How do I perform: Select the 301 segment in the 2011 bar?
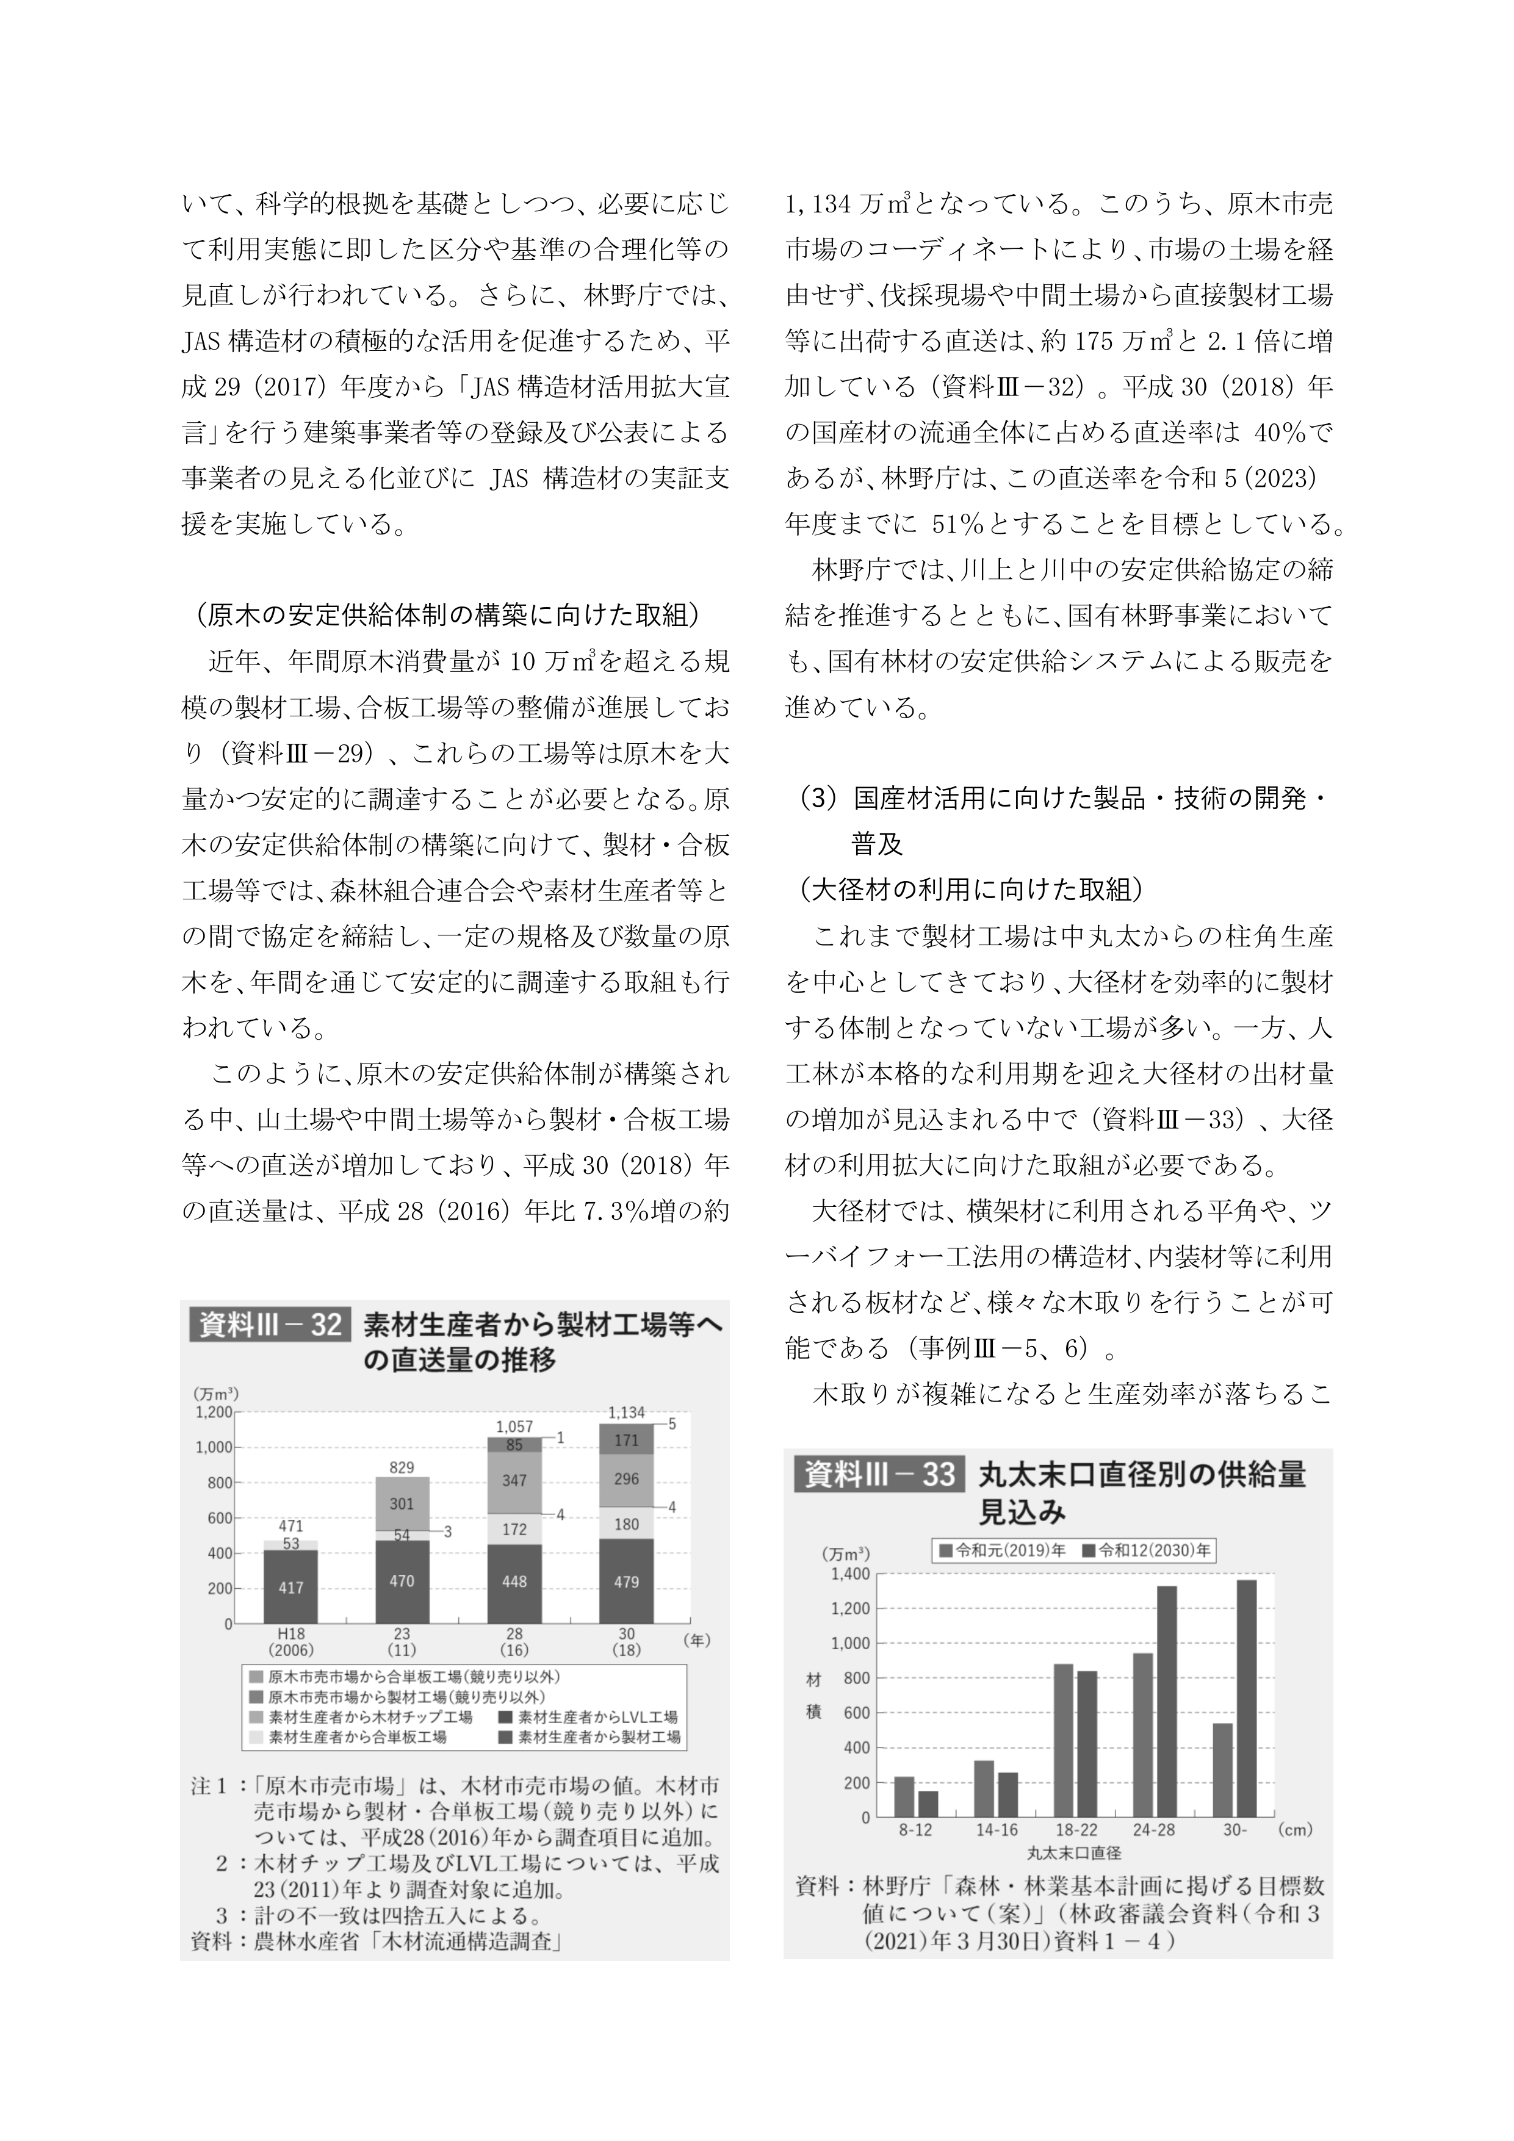402,1503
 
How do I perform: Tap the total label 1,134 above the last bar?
626,1412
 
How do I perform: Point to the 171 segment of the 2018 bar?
626,1440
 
